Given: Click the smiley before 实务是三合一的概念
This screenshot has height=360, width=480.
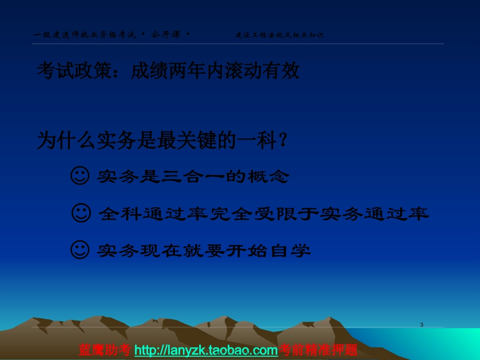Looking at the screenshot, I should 79,176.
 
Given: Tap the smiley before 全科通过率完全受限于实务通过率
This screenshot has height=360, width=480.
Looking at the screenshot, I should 81,214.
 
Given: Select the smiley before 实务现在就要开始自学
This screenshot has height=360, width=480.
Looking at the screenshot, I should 79,250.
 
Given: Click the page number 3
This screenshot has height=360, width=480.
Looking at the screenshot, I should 421,325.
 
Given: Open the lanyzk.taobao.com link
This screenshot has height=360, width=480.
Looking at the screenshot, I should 206,350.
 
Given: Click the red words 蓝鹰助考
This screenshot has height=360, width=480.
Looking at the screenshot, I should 105,350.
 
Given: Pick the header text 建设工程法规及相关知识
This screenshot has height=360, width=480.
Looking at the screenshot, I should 279,35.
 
